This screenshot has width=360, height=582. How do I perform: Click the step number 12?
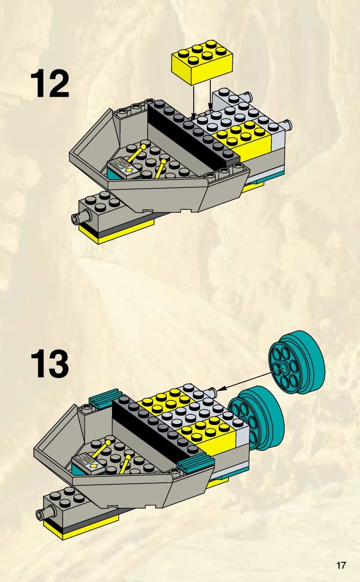[x=50, y=84]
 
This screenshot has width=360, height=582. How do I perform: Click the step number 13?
[x=50, y=364]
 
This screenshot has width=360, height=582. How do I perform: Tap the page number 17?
[x=341, y=566]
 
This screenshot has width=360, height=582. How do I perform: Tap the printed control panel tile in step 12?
[x=121, y=166]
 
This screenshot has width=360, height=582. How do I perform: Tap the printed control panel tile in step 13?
[x=88, y=463]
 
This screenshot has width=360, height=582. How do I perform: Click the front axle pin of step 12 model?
[x=78, y=217]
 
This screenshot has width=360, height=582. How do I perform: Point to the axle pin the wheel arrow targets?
[x=211, y=391]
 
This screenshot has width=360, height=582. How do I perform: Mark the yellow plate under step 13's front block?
[x=81, y=528]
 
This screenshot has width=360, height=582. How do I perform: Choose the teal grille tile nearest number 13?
[x=104, y=397]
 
